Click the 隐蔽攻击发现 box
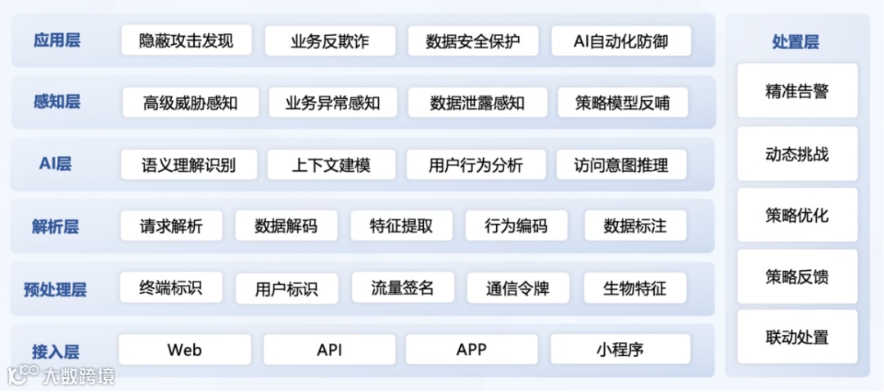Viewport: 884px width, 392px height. pyautogui.click(x=186, y=41)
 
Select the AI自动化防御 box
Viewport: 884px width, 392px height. pyautogui.click(x=620, y=41)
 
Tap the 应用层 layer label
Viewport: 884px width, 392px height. pyautogui.click(x=57, y=40)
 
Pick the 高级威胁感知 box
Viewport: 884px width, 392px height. pyautogui.click(x=190, y=103)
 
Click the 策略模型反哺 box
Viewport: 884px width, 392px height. pyautogui.click(x=622, y=103)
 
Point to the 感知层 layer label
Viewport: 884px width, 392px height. pyautogui.click(x=57, y=102)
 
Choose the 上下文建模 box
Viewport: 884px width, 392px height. pyautogui.click(x=331, y=165)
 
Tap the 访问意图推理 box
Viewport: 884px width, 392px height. pyautogui.click(x=621, y=165)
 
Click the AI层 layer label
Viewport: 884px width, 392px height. pyautogui.click(x=56, y=164)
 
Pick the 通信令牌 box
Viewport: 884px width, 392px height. pyautogui.click(x=517, y=288)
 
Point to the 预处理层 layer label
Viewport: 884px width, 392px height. pyautogui.click(x=56, y=289)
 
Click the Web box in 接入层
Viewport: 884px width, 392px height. pyautogui.click(x=184, y=350)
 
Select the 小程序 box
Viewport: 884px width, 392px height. pyautogui.click(x=620, y=350)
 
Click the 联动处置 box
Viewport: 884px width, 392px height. pyautogui.click(x=797, y=337)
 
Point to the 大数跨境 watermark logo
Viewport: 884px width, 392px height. pyautogui.click(x=61, y=376)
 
